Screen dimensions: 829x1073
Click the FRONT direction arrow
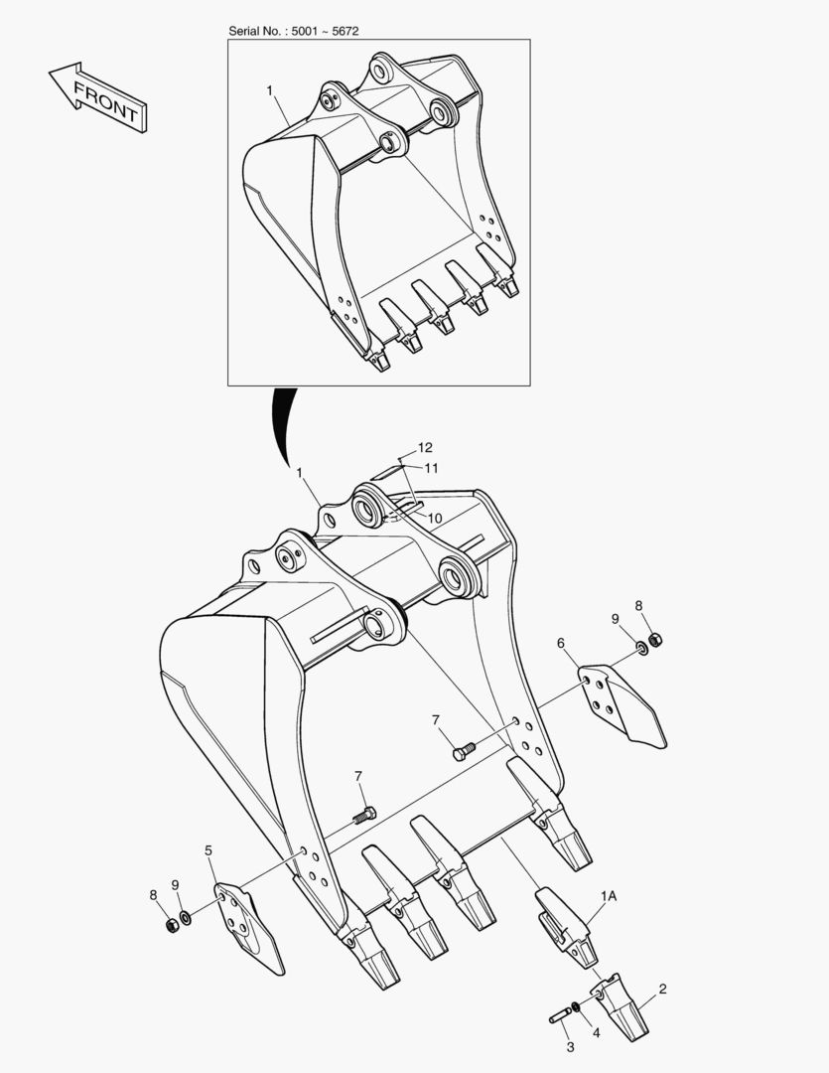[97, 97]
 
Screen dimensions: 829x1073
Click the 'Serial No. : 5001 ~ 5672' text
[294, 31]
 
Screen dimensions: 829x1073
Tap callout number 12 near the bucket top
[425, 447]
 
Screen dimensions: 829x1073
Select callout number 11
[431, 468]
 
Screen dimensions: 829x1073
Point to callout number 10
[435, 519]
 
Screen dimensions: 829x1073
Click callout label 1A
[609, 896]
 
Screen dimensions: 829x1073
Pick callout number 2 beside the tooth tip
[662, 989]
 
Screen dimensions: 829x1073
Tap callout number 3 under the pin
[571, 1047]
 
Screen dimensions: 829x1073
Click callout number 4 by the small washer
[596, 1032]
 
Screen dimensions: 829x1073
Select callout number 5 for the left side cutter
[208, 850]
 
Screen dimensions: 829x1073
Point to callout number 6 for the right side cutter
[561, 643]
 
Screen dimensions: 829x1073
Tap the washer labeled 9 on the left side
[185, 917]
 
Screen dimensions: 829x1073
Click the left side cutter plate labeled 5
[249, 927]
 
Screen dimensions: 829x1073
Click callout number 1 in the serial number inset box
[269, 90]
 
